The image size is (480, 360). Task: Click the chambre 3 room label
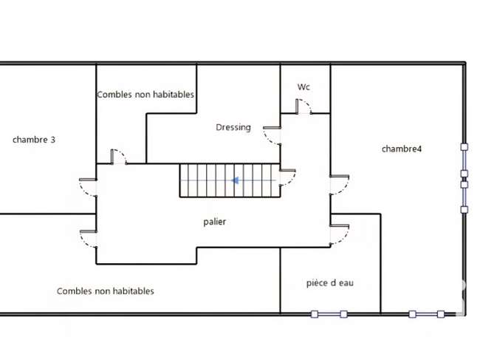click(x=34, y=140)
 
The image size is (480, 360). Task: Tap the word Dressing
click(x=233, y=127)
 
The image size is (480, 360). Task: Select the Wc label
click(x=304, y=87)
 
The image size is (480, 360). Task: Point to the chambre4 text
click(x=401, y=149)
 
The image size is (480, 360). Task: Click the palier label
click(x=215, y=222)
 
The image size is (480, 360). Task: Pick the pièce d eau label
click(x=330, y=283)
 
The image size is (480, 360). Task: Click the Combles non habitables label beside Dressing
click(x=145, y=95)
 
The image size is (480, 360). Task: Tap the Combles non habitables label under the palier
click(x=106, y=291)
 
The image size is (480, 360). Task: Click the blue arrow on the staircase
click(x=235, y=180)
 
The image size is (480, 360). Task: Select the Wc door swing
click(x=304, y=106)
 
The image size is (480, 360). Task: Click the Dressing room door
click(x=272, y=135)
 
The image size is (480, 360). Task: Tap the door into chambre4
click(x=340, y=185)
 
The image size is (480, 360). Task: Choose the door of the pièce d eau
click(x=340, y=234)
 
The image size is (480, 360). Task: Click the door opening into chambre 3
click(x=88, y=187)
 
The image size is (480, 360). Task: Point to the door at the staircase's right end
click(x=288, y=177)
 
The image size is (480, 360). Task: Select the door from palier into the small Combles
click(x=118, y=157)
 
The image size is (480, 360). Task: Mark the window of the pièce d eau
click(x=329, y=314)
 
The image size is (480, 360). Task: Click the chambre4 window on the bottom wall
click(x=426, y=314)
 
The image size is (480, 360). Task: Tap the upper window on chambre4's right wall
click(x=464, y=160)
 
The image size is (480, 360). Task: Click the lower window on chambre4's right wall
click(x=464, y=197)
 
